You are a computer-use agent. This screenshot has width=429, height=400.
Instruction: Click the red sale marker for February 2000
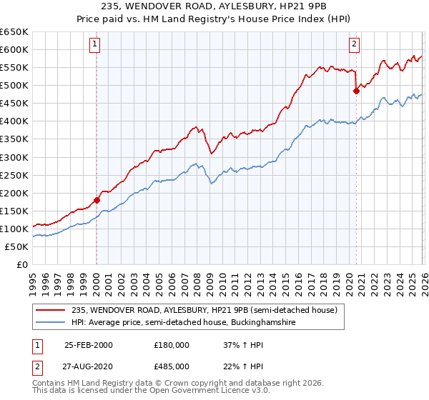(97, 200)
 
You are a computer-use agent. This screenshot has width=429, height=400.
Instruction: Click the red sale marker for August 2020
(355, 91)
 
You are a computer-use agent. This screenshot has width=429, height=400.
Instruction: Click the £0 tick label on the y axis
(21, 264)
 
